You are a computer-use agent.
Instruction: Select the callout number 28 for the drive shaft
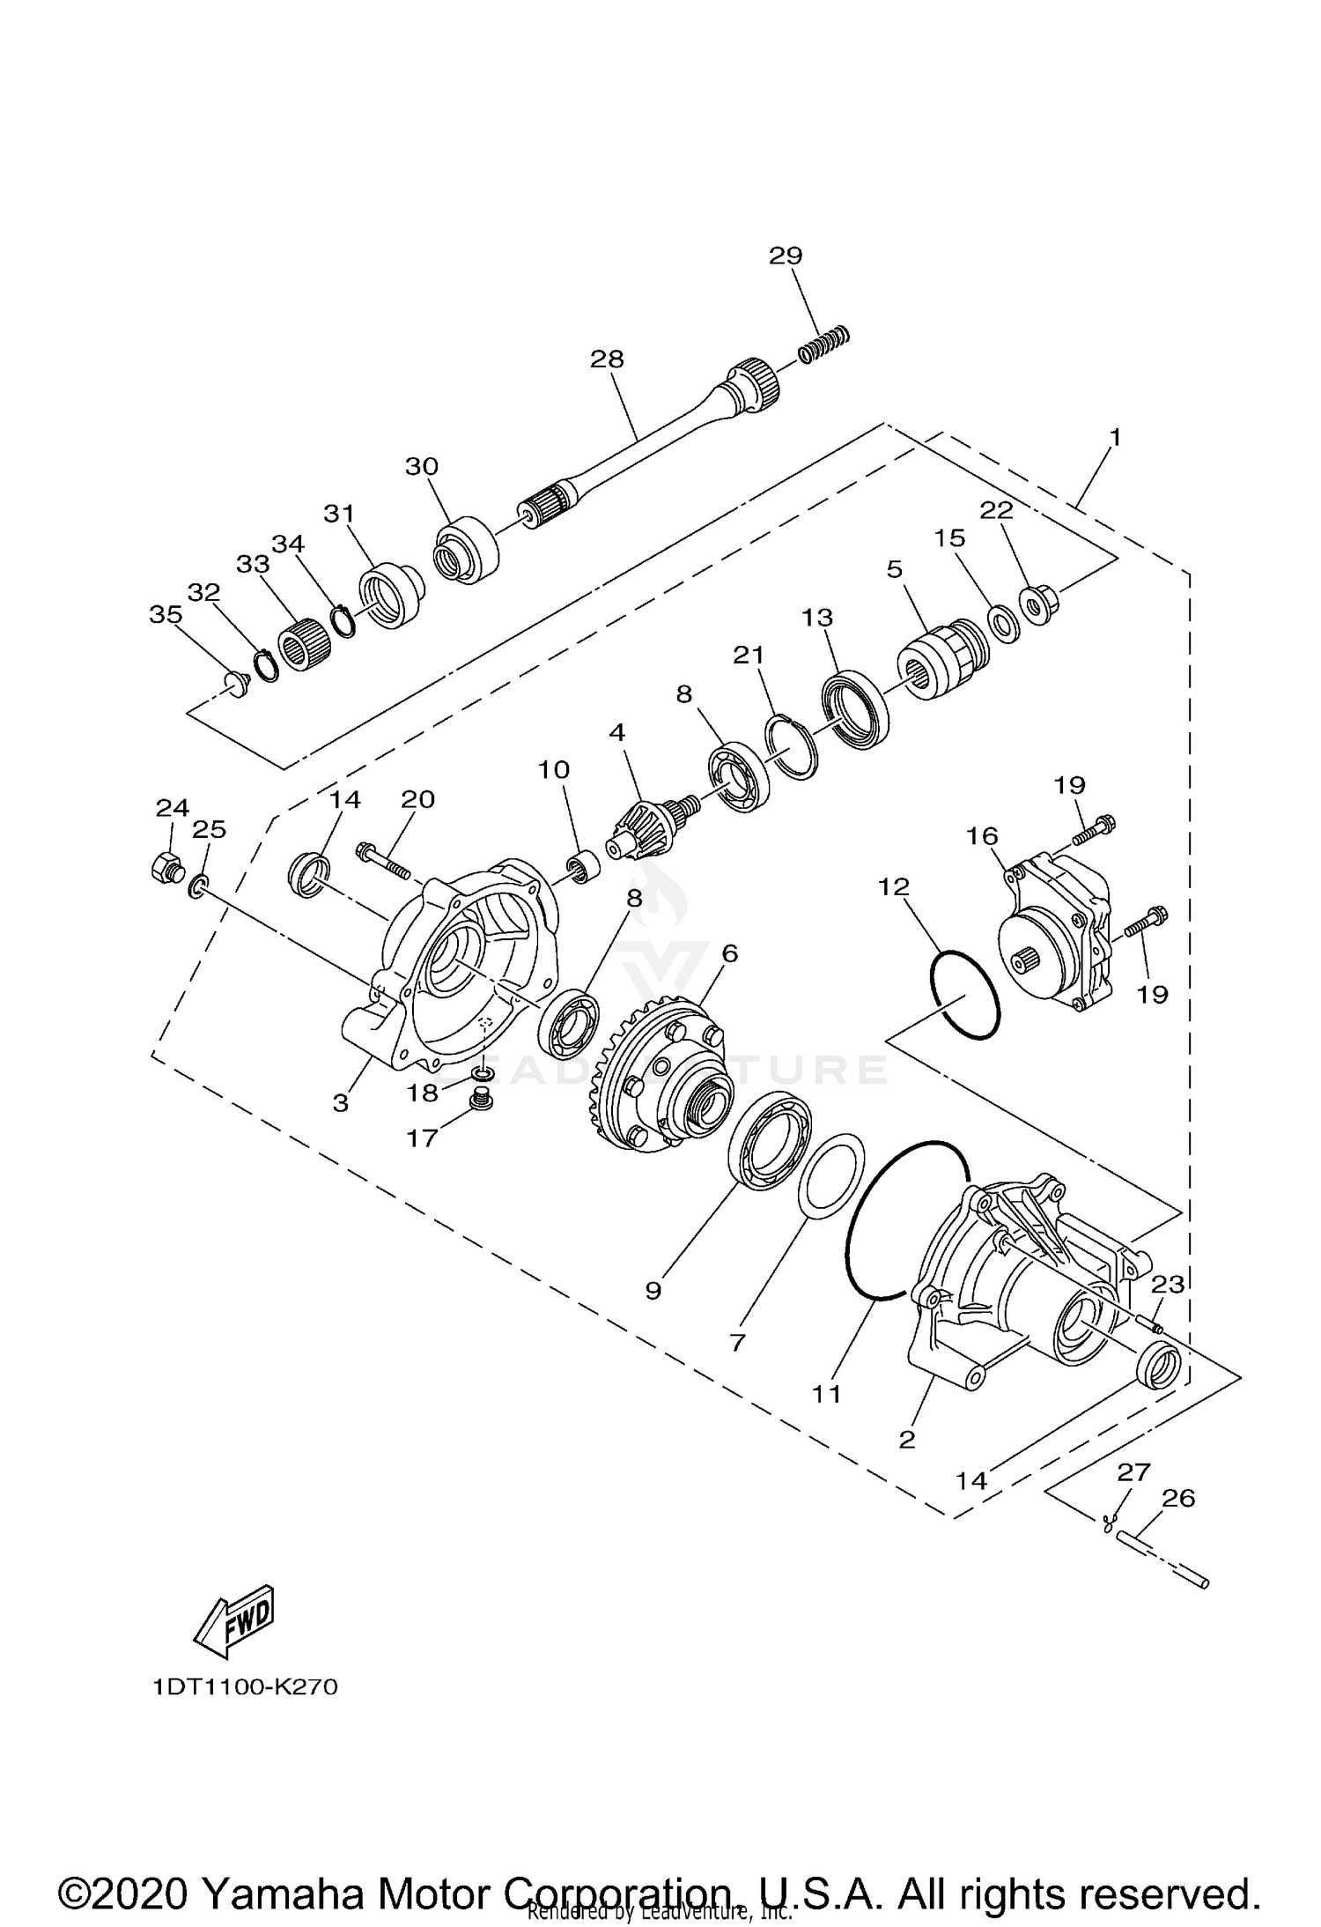[x=607, y=359]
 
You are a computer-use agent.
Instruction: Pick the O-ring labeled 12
[x=965, y=994]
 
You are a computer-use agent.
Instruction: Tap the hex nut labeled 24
[x=165, y=867]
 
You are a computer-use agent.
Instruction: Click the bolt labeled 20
[x=385, y=860]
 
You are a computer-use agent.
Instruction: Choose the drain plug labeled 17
[x=481, y=1100]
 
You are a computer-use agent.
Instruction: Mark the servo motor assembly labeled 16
[x=1059, y=935]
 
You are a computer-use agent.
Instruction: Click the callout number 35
[x=165, y=614]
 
